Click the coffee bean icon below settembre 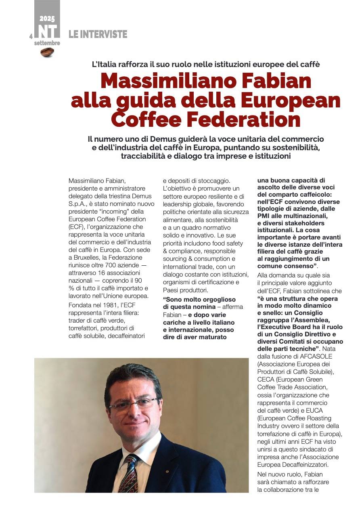[47, 52]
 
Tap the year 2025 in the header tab [47, 18]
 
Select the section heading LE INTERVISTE [98, 34]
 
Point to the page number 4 [31, 36]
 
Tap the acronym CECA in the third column [266, 380]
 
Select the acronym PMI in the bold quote [263, 216]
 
